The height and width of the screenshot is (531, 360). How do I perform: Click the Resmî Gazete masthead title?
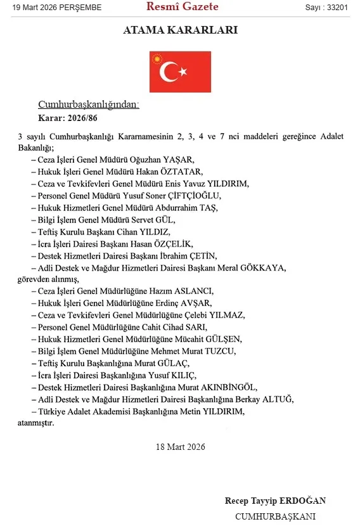tap(182, 7)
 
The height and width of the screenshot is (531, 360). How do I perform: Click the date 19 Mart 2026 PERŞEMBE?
tap(53, 7)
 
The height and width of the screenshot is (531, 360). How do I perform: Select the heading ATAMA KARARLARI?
tap(180, 30)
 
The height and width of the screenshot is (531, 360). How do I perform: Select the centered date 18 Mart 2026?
tap(180, 447)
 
